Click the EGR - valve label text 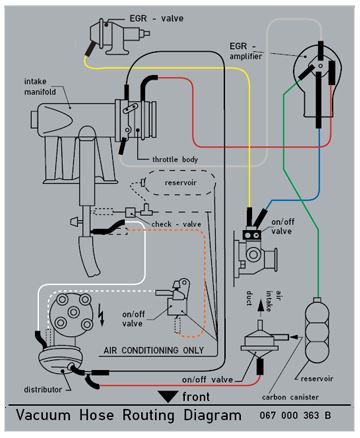pyautogui.click(x=156, y=18)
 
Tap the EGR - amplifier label pyautogui.click(x=246, y=51)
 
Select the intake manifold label pyautogui.click(x=40, y=86)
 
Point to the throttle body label pyautogui.click(x=175, y=159)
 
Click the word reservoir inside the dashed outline pyautogui.click(x=181, y=183)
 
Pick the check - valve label pyautogui.click(x=176, y=224)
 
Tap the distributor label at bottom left pyautogui.click(x=43, y=389)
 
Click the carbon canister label pyautogui.click(x=290, y=397)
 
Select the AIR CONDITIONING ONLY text pyautogui.click(x=154, y=350)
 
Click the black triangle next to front pyautogui.click(x=168, y=396)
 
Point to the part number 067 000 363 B pyautogui.click(x=295, y=415)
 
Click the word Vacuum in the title pyautogui.click(x=43, y=415)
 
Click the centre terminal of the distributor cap pyautogui.click(x=73, y=312)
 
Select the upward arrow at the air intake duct pyautogui.click(x=260, y=306)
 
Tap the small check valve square pyautogui.click(x=130, y=212)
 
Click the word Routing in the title pyautogui.click(x=149, y=416)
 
